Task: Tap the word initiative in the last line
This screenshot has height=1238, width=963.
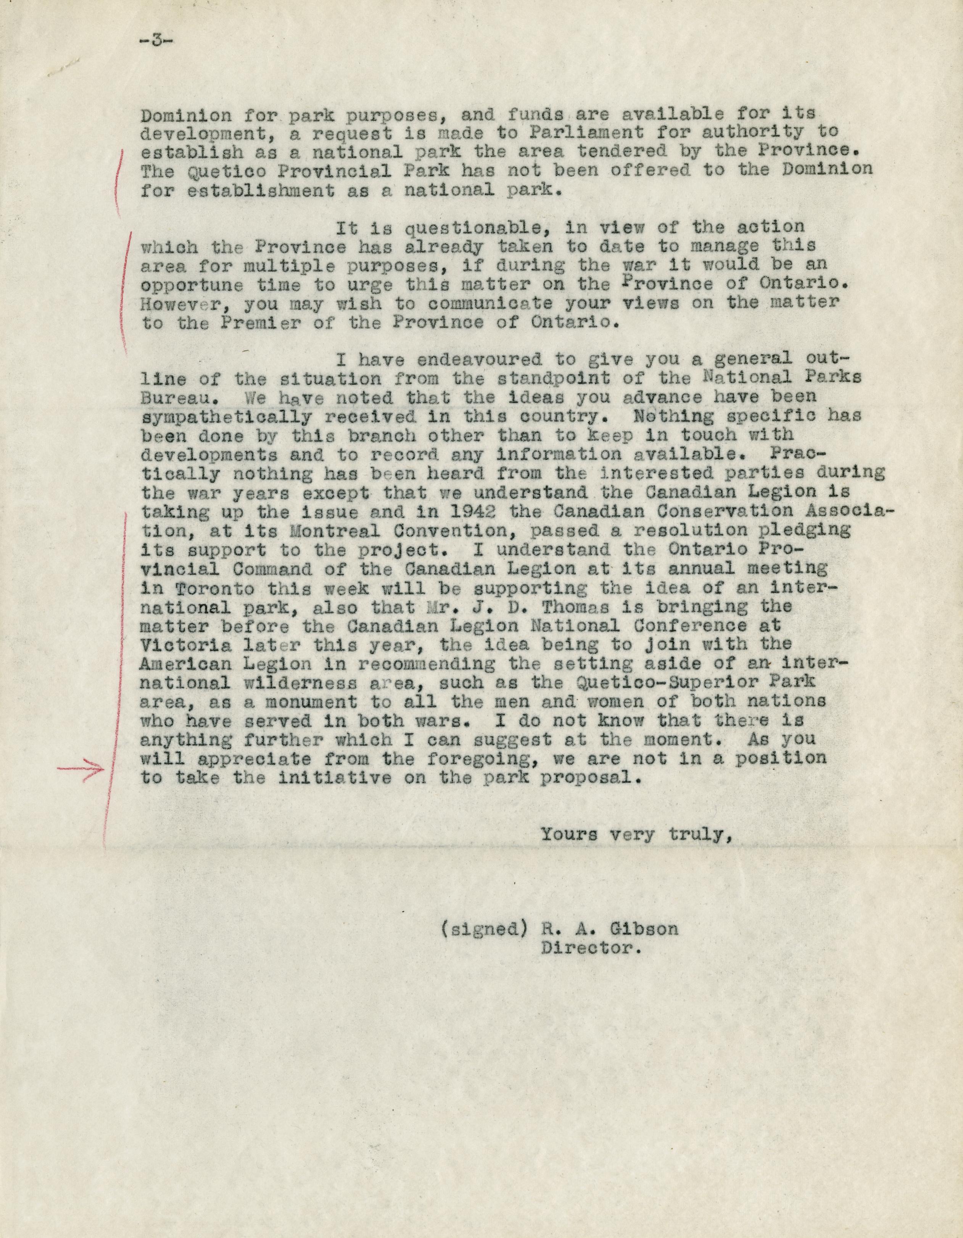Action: pos(327,778)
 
